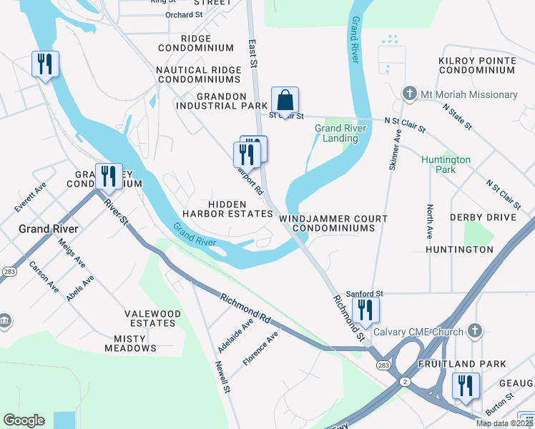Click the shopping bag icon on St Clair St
coord(285,100)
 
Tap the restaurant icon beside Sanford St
coord(365,309)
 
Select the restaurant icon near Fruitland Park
coord(466,386)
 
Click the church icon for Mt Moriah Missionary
coord(409,94)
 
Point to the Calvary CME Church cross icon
coord(473,330)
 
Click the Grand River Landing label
coord(340,133)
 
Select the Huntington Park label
coord(446,164)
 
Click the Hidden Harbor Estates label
coord(227,209)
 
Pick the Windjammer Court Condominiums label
coord(333,223)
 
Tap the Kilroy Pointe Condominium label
coord(477,64)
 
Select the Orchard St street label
coord(184,14)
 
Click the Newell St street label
coord(222,376)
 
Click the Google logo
coord(24,420)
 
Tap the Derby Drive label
coord(483,217)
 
